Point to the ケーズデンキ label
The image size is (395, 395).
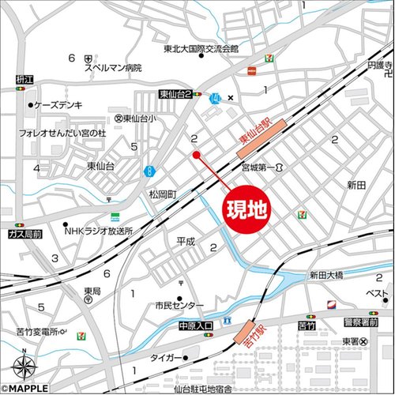click(57, 104)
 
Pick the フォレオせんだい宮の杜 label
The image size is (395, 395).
click(62, 134)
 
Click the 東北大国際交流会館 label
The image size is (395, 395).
click(201, 49)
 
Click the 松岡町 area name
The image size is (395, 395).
click(166, 194)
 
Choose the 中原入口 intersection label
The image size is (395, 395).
click(196, 325)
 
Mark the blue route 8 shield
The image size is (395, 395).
click(149, 170)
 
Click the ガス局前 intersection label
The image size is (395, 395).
click(23, 235)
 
